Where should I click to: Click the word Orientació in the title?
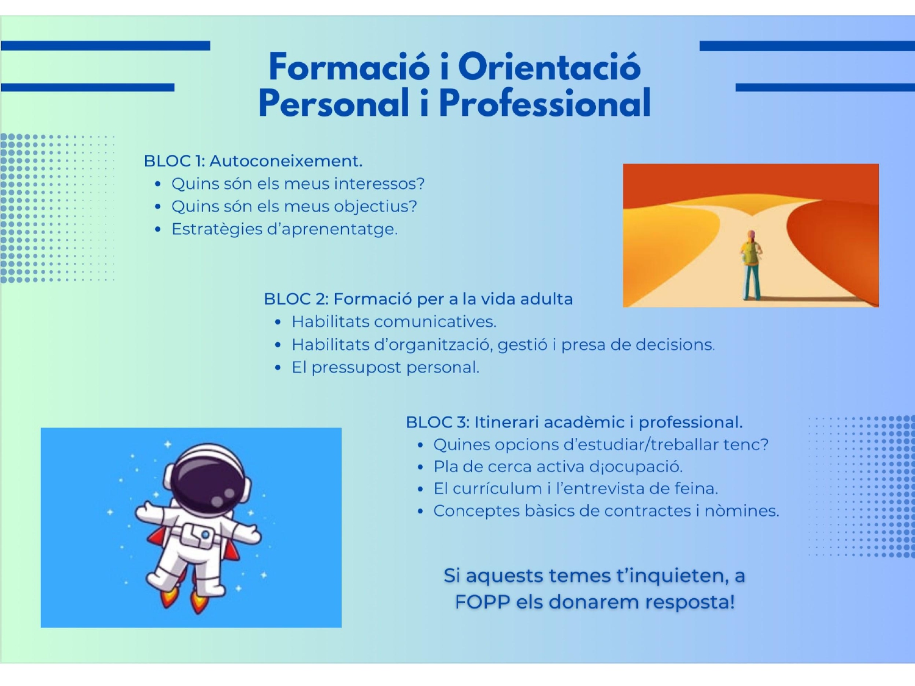550,66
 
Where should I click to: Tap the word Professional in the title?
545,103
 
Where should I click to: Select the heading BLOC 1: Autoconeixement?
253,161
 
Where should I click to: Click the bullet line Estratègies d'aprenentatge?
285,229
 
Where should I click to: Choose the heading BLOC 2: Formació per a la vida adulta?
418,299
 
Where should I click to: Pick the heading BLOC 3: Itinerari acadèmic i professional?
574,423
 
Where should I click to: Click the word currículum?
498,488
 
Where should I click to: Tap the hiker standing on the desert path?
751,265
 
